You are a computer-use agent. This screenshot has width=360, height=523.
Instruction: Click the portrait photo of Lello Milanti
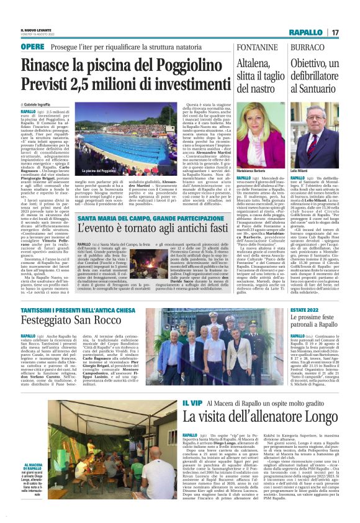315,134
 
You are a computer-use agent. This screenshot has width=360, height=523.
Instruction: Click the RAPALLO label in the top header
308,32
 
